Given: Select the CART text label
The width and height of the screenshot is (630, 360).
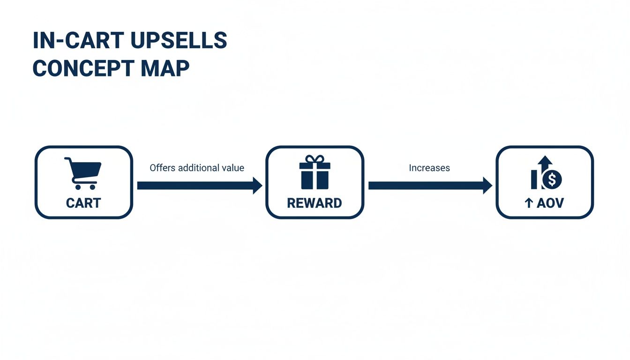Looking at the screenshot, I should (x=83, y=203).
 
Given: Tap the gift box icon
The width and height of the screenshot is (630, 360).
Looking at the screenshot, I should (x=315, y=173).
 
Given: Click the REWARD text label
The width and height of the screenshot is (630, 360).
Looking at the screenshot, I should (x=315, y=203).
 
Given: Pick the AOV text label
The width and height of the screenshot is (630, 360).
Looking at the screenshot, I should (x=551, y=203).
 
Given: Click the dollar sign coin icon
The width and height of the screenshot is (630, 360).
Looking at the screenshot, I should (x=553, y=179).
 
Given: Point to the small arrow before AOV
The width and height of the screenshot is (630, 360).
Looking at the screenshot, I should (x=528, y=203).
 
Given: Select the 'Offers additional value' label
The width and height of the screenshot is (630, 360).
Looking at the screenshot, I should (x=197, y=168).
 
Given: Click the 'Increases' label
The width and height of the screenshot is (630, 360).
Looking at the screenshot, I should (x=429, y=168).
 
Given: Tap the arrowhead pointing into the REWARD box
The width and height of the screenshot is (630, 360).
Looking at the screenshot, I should (x=257, y=186).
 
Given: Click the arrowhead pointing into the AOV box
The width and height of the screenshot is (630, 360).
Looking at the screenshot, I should (x=487, y=186).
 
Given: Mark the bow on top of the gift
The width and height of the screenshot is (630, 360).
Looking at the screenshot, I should (x=315, y=159).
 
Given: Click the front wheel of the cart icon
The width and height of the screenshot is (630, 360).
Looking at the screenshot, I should (x=92, y=187).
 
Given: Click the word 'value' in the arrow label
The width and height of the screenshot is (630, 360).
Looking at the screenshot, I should (x=233, y=168).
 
